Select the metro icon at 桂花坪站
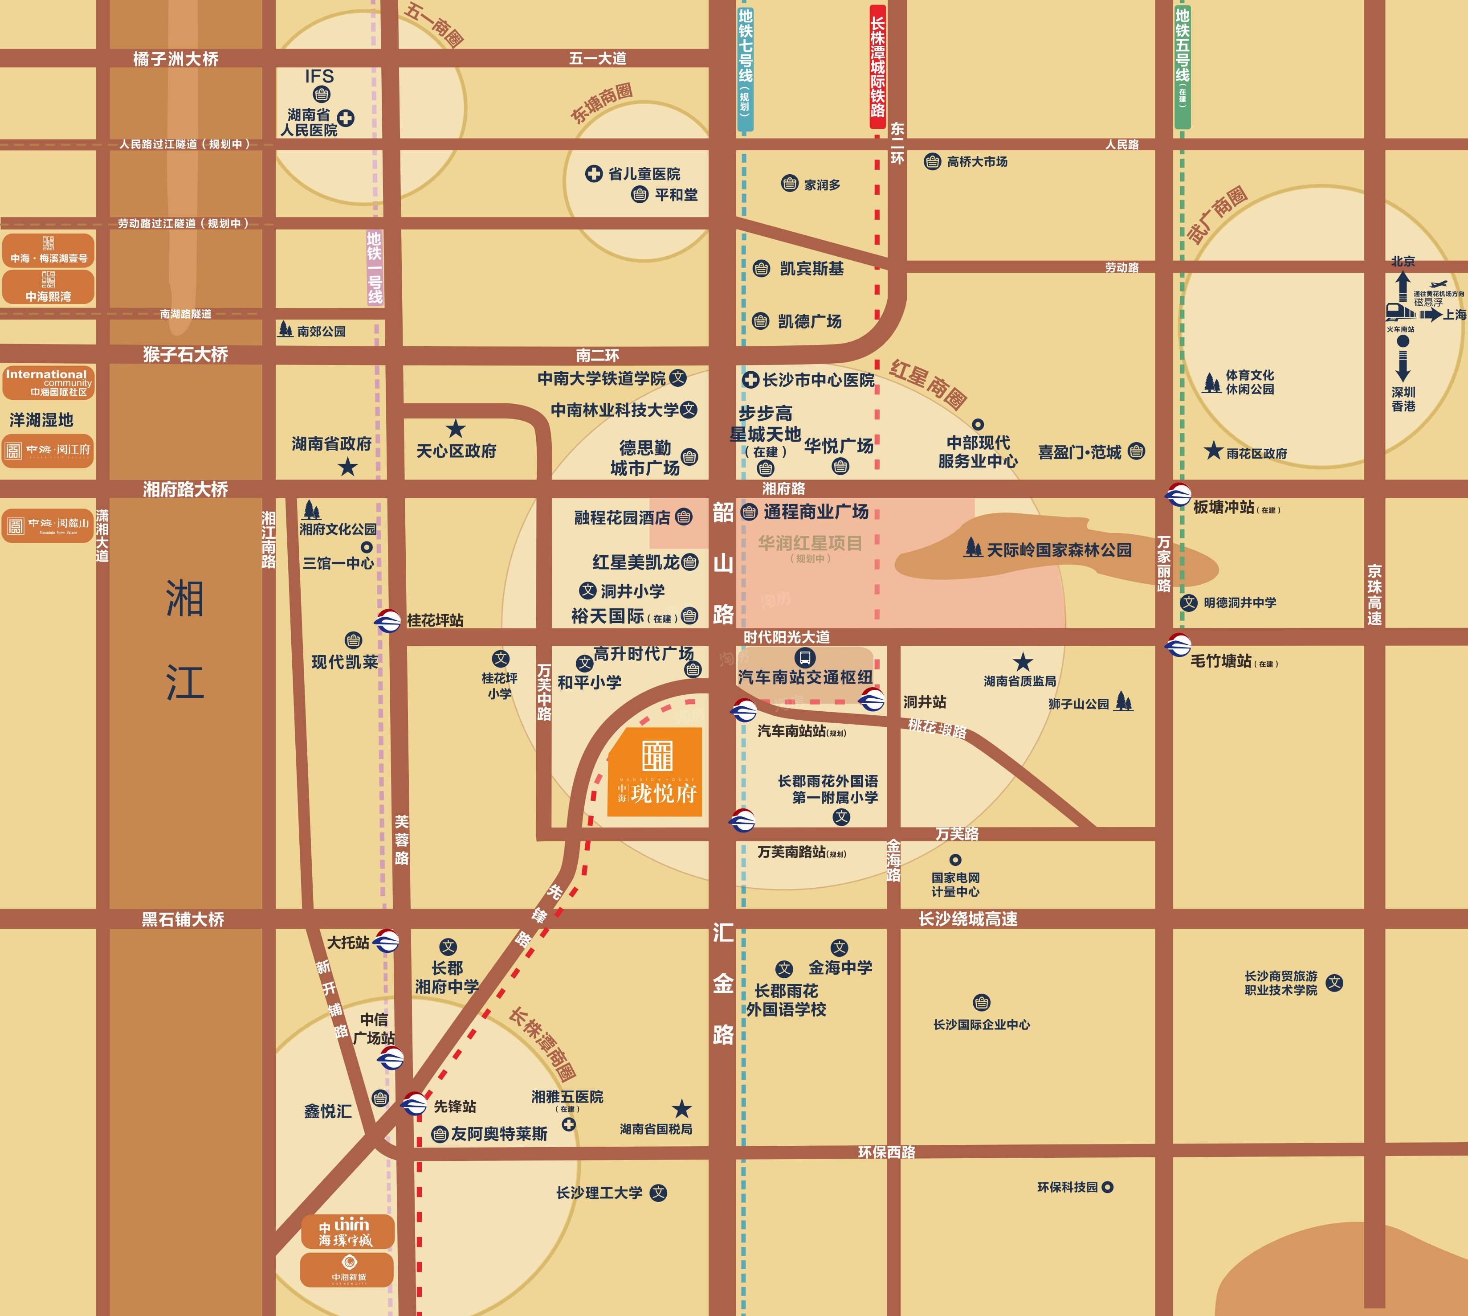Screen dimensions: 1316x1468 point(387,620)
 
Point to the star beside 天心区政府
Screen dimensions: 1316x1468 point(455,429)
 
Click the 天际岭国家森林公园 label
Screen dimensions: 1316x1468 point(1058,550)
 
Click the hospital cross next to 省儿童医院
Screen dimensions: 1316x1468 point(593,173)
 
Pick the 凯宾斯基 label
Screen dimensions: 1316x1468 point(811,269)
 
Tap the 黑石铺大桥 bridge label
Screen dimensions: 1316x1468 point(183,919)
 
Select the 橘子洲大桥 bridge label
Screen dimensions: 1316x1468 point(175,58)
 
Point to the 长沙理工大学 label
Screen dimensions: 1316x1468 point(599,1193)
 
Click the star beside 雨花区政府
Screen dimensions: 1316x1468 point(1213,451)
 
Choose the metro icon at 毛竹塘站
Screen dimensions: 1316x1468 point(1178,644)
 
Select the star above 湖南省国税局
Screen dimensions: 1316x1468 point(681,1108)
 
